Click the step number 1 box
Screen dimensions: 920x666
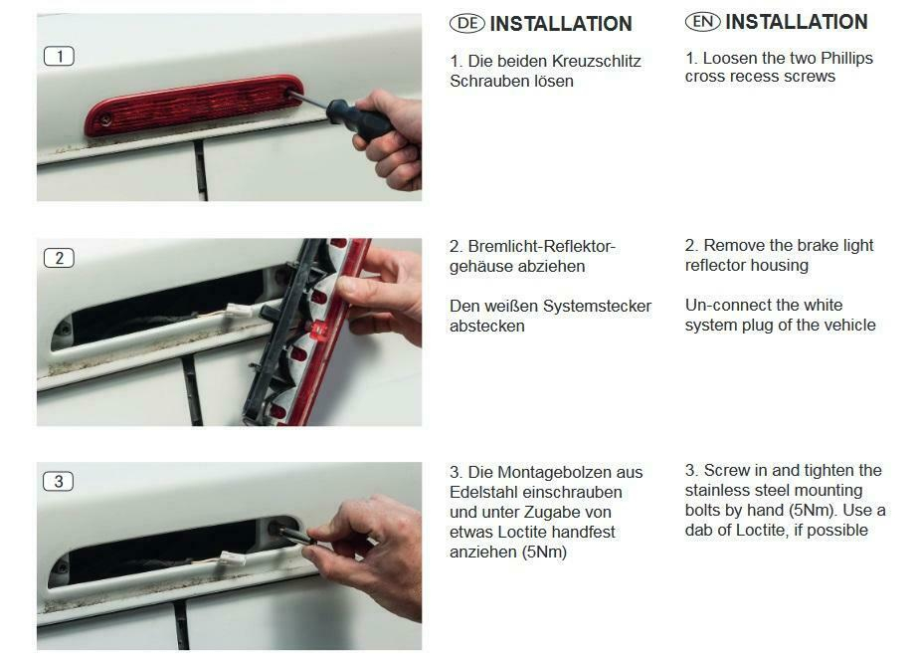coord(60,57)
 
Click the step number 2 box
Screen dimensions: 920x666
coord(60,258)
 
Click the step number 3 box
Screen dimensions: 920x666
coord(59,482)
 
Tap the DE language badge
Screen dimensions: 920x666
coord(467,24)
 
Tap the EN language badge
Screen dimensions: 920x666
coord(702,22)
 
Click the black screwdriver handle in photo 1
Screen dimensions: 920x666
coord(358,119)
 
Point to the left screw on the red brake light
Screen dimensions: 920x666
coord(105,120)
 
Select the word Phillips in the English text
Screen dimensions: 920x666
coord(846,59)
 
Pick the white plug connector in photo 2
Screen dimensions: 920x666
coord(240,310)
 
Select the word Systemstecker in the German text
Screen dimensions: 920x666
coord(597,306)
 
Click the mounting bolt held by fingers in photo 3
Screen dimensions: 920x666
coord(292,535)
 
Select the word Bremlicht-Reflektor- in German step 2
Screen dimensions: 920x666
coord(541,246)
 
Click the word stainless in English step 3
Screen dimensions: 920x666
coord(717,490)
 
